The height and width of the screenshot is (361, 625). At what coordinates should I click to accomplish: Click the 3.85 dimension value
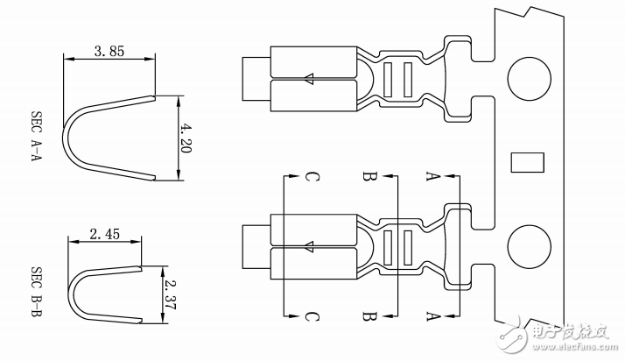coord(109,52)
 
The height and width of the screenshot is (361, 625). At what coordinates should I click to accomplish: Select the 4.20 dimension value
coord(186,138)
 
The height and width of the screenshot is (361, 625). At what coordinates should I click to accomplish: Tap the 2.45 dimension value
coord(104,234)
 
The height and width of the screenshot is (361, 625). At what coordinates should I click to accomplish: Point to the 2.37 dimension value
coord(170,294)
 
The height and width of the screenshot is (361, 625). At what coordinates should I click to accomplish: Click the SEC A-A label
coord(36,136)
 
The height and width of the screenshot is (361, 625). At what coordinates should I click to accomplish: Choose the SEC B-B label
coord(36,292)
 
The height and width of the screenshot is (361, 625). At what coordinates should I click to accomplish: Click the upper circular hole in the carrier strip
coord(529,79)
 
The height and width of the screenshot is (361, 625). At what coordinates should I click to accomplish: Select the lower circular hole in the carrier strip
coord(529,247)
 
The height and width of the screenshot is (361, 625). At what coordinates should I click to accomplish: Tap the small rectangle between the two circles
coord(527,162)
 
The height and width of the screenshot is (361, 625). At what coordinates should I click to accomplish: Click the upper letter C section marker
coord(312,176)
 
